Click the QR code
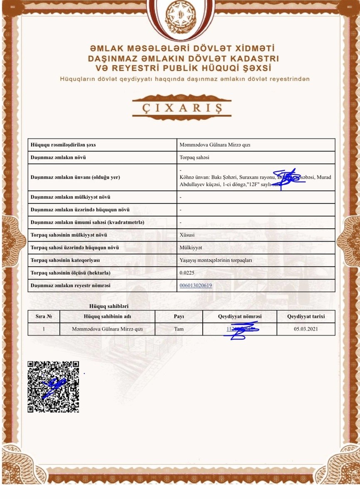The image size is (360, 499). pyautogui.click(x=53, y=387)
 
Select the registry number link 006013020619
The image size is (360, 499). pyautogui.click(x=196, y=286)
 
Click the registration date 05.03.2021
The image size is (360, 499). pyautogui.click(x=306, y=329)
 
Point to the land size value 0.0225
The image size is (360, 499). pyautogui.click(x=187, y=273)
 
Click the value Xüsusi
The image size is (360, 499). pyautogui.click(x=187, y=235)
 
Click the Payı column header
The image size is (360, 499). pyautogui.click(x=179, y=316)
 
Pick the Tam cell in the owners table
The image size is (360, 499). pyautogui.click(x=179, y=329)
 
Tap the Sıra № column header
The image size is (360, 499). pyautogui.click(x=44, y=316)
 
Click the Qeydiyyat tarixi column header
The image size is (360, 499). pyautogui.click(x=306, y=316)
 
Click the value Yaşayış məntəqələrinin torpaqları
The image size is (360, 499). pyautogui.click(x=216, y=260)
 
